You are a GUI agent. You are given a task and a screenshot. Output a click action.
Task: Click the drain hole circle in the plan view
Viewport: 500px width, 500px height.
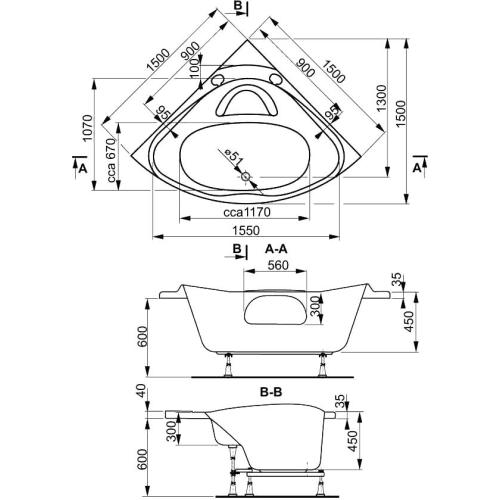click(247, 178)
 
